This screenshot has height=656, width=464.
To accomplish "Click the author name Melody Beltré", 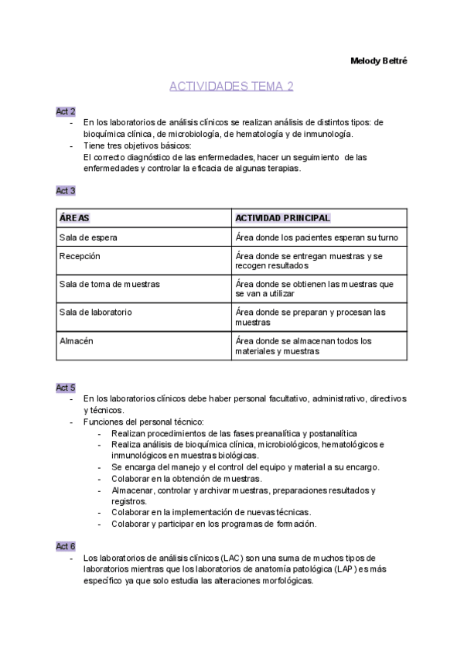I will (379, 61).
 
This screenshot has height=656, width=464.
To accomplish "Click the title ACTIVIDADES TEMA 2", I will (231, 86).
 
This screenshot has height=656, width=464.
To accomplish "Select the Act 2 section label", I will (66, 111).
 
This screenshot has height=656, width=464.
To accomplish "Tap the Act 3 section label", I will (66, 190).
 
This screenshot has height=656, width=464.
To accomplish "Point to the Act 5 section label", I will (66, 387).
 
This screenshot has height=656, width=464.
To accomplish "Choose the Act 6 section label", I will (66, 546).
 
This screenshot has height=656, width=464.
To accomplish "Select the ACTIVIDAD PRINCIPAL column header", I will (283, 218).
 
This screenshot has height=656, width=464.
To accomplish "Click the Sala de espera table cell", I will (88, 237).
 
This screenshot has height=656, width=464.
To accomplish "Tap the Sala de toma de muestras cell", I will (109, 284).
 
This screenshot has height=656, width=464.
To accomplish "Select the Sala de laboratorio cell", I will (95, 312).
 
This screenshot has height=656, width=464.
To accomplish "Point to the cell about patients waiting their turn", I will (316, 237).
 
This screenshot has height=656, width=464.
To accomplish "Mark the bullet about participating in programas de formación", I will (213, 524).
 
